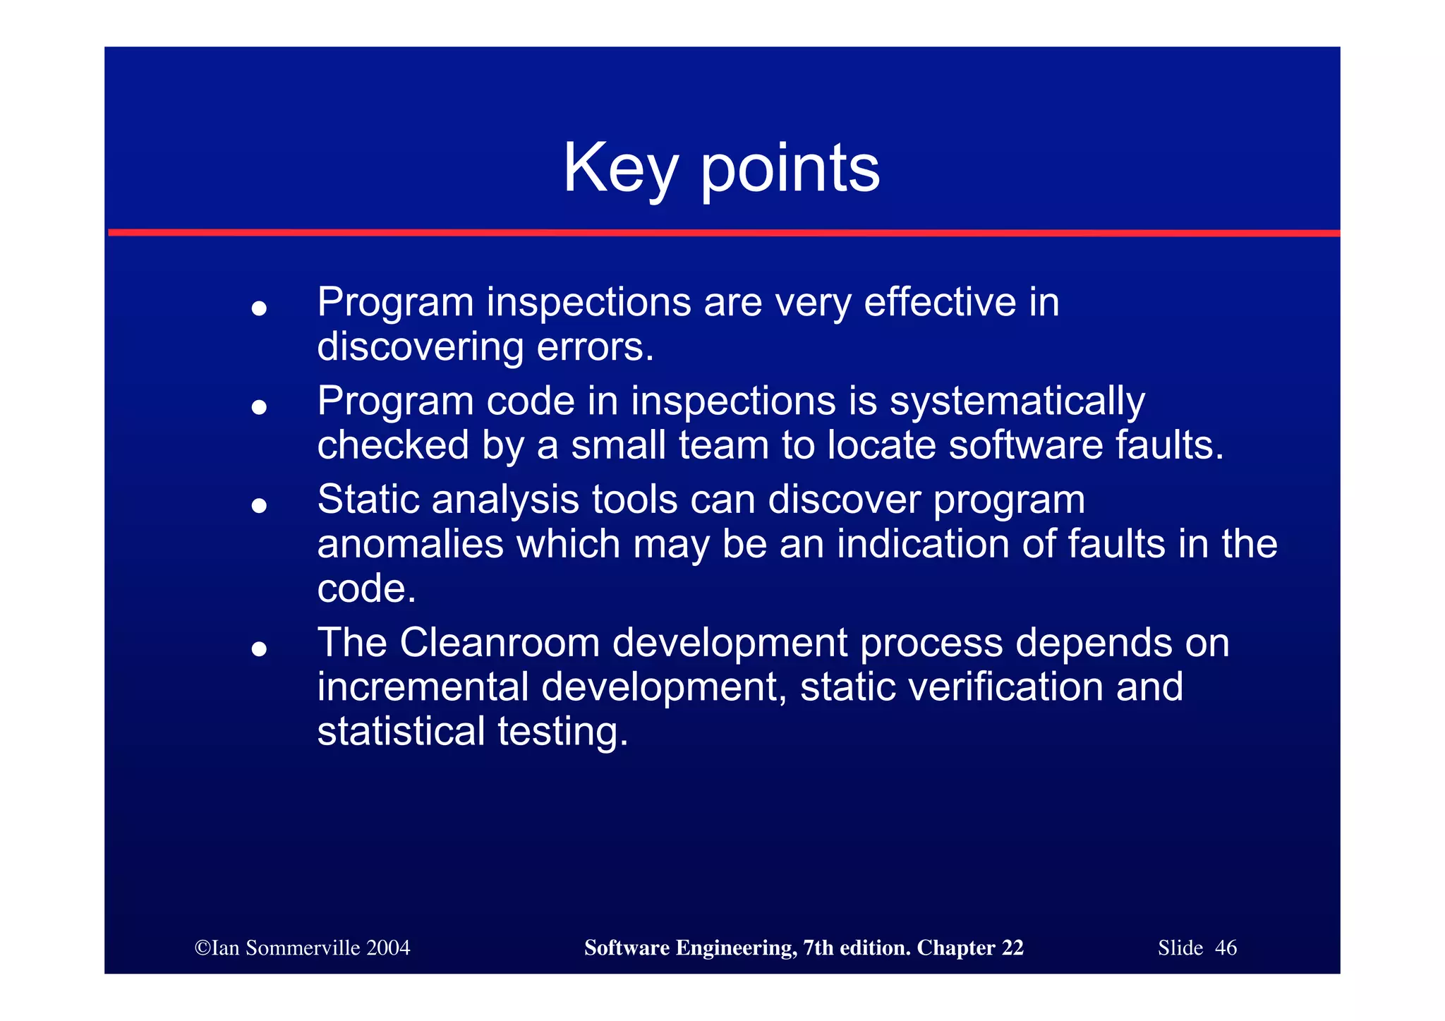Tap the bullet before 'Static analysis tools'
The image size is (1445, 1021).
pyautogui.click(x=259, y=505)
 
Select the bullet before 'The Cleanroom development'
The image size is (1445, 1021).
pyautogui.click(x=259, y=648)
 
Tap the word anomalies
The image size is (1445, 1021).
pyautogui.click(x=410, y=544)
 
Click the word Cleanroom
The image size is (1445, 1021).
pyautogui.click(x=500, y=643)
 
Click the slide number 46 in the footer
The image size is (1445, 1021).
pyautogui.click(x=1226, y=948)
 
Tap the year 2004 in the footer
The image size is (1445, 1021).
pyautogui.click(x=387, y=948)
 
